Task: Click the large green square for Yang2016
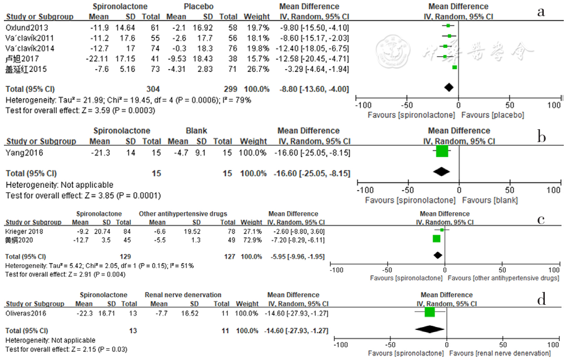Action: pos(442,151)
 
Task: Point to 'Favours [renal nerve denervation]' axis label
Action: pos(500,353)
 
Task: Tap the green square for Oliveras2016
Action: pos(430,313)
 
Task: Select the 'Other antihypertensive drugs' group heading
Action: pos(183,214)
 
